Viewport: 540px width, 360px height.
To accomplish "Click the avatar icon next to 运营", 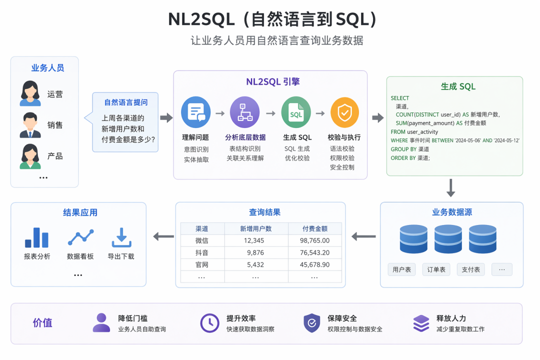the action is point(30,93).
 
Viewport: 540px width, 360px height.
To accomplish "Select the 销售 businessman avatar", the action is point(30,125).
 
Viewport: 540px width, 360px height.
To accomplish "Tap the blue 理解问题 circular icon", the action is point(195,112).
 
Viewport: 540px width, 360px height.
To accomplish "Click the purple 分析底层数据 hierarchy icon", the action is point(245,112).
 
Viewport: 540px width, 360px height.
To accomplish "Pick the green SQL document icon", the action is point(296,112).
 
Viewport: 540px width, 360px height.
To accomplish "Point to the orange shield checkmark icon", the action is point(344,112).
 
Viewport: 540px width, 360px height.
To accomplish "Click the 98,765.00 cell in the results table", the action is point(314,240).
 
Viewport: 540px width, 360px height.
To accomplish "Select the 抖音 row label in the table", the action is point(202,252).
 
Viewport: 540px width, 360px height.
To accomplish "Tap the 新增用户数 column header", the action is point(256,228).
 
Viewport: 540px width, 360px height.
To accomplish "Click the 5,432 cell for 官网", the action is point(255,264).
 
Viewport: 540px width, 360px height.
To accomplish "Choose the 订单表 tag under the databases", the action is point(436,269).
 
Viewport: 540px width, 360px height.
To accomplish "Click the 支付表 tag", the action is point(471,269).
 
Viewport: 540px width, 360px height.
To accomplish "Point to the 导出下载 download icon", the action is point(121,237).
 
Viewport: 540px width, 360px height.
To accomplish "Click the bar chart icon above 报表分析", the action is point(36,237).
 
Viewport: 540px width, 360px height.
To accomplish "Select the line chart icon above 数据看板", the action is point(80,237).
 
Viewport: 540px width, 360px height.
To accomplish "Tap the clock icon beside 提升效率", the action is point(209,323).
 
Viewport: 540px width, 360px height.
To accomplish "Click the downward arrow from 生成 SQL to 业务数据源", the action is point(451,188).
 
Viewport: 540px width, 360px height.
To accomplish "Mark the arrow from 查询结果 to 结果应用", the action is point(163,236).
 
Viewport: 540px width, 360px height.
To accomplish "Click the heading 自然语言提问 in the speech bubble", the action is point(126,102).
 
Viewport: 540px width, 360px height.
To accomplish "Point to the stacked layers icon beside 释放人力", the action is point(421,323).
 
